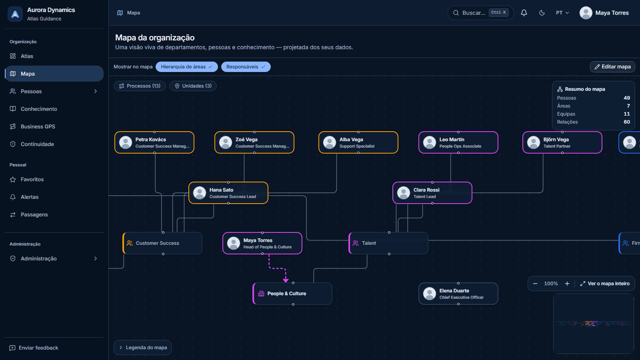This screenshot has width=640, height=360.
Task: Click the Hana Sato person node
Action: (x=228, y=193)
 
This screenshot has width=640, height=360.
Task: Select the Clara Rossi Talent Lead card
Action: (x=432, y=193)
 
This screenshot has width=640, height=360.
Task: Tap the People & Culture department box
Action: (x=292, y=294)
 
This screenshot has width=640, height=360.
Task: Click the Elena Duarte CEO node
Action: (x=458, y=294)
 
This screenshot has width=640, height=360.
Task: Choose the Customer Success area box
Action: (x=162, y=243)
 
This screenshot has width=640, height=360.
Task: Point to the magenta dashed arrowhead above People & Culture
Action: (x=286, y=280)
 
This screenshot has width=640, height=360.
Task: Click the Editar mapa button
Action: (x=612, y=66)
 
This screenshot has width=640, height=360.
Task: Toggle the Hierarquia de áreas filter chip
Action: (x=186, y=66)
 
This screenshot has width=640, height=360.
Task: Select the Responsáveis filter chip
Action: (x=246, y=66)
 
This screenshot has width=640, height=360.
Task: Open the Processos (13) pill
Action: (x=140, y=86)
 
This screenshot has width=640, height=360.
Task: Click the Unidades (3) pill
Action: (x=193, y=86)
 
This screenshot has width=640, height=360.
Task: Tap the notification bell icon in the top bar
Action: (x=524, y=13)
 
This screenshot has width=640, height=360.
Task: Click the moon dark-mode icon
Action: (x=542, y=13)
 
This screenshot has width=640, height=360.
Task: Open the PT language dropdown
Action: (x=562, y=13)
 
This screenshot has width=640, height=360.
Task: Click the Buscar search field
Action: (x=480, y=13)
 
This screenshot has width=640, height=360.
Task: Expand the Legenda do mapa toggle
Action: (x=142, y=348)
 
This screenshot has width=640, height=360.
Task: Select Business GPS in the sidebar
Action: (x=38, y=126)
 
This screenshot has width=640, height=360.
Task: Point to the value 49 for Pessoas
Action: (x=626, y=98)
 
